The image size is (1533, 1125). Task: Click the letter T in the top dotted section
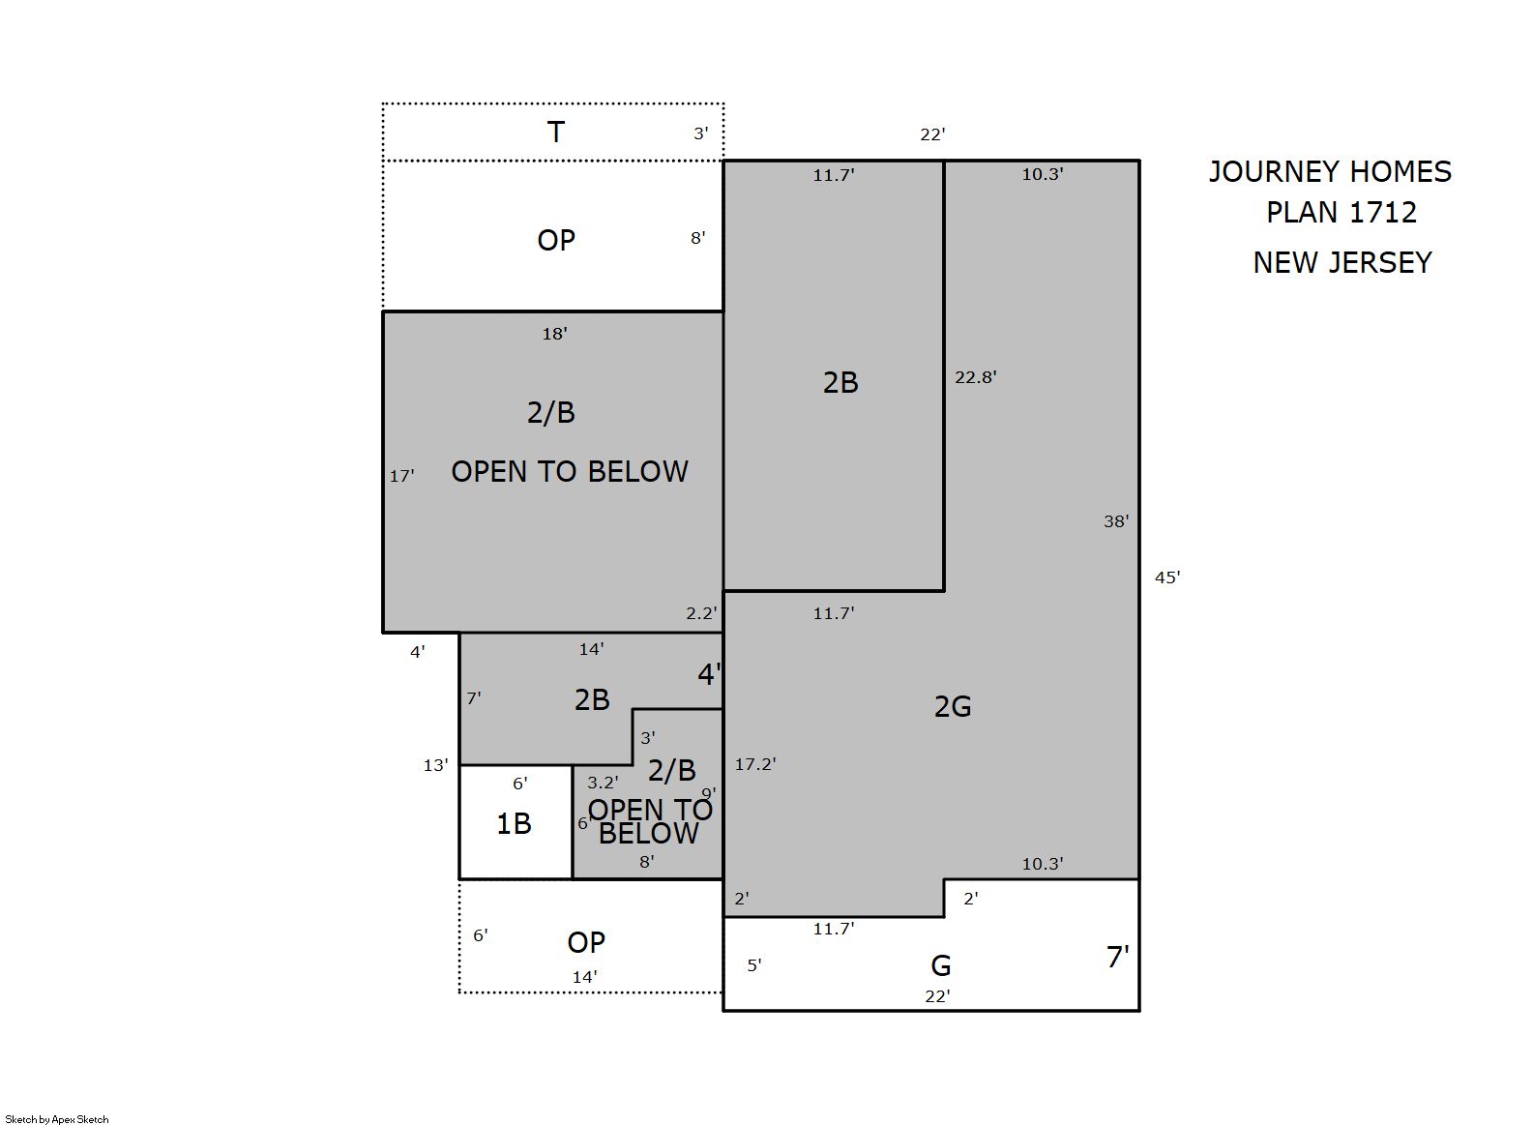(556, 133)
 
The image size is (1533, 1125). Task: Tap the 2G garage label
(953, 707)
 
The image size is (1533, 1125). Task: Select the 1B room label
(514, 824)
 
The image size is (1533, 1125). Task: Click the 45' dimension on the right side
(1167, 577)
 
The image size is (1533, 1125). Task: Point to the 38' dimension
(1116, 521)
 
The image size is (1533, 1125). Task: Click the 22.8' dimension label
(976, 377)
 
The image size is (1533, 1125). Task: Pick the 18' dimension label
(555, 334)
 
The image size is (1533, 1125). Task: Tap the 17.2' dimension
(755, 764)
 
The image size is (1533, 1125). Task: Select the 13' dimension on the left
(436, 765)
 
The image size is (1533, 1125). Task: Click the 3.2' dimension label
(603, 782)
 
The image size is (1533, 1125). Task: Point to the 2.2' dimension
(702, 613)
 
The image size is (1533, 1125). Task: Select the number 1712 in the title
(1382, 213)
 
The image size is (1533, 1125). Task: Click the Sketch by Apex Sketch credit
(57, 1119)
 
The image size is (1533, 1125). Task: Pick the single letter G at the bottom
(941, 966)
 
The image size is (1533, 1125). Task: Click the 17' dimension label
(401, 476)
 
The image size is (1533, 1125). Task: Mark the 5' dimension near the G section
(754, 965)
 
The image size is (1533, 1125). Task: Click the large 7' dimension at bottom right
(1117, 957)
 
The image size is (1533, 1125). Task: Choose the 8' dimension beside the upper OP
(697, 238)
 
